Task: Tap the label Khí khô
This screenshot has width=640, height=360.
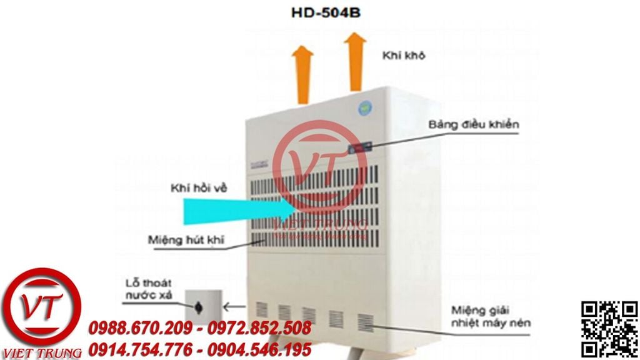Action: click(404, 56)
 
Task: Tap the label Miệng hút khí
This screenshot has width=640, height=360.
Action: click(186, 239)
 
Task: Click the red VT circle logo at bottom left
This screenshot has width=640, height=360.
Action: click(42, 306)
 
